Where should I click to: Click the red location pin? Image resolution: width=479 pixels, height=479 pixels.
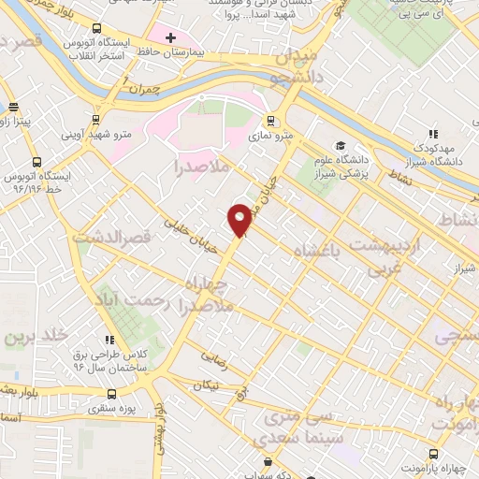240,219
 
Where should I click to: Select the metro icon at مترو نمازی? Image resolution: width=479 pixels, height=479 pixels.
269,120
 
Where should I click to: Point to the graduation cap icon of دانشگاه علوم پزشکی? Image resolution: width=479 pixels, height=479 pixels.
342,146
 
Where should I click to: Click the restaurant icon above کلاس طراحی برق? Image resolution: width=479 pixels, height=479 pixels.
110,339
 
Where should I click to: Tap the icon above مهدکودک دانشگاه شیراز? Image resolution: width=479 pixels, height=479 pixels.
432,134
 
